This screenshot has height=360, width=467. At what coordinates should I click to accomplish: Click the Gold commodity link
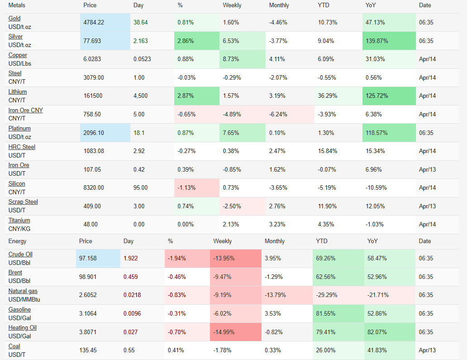click(14, 19)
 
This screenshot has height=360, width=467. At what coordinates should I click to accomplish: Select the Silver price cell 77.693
click(92, 41)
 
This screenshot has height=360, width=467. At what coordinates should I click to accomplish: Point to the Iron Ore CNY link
click(25, 110)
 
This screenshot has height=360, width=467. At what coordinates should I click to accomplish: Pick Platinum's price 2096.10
click(94, 133)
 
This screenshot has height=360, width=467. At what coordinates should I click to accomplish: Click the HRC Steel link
click(22, 147)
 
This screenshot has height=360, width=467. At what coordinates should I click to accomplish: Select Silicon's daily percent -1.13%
click(186, 188)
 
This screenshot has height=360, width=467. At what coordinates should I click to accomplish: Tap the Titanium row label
click(19, 221)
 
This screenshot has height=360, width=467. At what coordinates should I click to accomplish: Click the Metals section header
click(17, 5)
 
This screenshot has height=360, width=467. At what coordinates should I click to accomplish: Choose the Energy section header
click(17, 241)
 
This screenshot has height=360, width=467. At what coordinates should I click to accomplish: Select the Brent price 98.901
click(87, 277)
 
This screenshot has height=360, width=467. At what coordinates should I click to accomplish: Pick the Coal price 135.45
click(89, 350)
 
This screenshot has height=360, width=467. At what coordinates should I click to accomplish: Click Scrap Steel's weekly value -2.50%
click(232, 206)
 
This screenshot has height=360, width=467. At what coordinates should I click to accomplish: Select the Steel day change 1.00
click(139, 77)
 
